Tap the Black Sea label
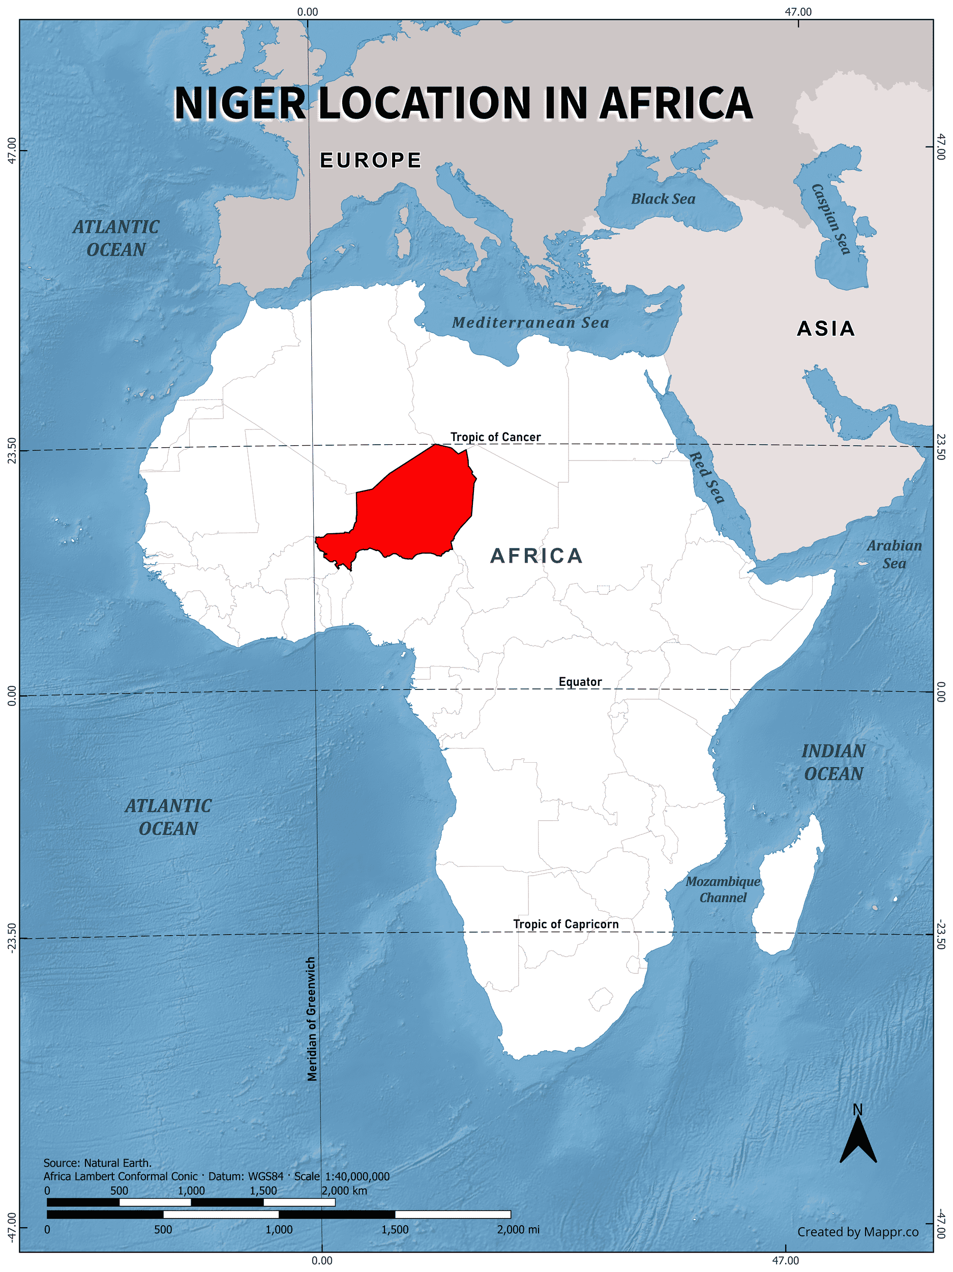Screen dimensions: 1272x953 tap(663, 199)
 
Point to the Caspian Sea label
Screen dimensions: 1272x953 tap(830, 218)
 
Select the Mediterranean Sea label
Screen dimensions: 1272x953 tap(530, 323)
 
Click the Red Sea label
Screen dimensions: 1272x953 tap(706, 477)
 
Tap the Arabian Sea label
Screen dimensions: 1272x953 tap(894, 555)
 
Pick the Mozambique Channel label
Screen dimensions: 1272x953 tap(723, 889)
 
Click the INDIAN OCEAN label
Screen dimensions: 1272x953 tap(833, 762)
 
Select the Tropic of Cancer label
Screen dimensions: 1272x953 tap(495, 437)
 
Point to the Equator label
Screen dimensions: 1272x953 tap(580, 681)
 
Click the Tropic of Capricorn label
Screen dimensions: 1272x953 tap(565, 923)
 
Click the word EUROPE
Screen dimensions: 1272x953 tap(371, 160)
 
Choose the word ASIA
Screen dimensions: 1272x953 tap(826, 328)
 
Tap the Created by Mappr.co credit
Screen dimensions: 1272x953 tap(857, 1232)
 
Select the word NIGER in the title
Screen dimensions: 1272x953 tap(240, 103)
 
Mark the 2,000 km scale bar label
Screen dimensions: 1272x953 tap(344, 1191)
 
